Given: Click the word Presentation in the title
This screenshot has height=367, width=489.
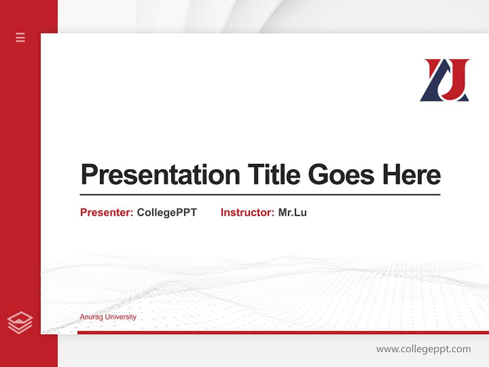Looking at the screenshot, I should [x=160, y=175].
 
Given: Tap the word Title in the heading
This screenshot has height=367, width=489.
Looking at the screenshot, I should [x=274, y=175].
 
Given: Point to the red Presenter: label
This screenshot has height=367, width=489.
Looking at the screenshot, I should [x=106, y=213].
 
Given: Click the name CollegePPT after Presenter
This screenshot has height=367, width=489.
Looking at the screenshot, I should [x=167, y=213].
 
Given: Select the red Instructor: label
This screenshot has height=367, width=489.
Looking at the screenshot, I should [x=247, y=213].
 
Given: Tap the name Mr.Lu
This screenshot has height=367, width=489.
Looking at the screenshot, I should [x=292, y=213].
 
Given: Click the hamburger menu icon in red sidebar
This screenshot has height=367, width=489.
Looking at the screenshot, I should [x=20, y=37].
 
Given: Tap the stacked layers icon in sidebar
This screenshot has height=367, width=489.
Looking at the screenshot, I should [x=20, y=323].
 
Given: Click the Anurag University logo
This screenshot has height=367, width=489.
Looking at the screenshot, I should [x=445, y=80].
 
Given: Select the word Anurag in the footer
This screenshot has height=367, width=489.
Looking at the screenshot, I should [x=90, y=317].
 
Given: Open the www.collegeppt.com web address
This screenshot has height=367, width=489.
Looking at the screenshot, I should [x=423, y=349].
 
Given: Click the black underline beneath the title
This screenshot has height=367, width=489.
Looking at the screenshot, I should [x=260, y=195].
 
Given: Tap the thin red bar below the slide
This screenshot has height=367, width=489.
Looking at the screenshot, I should [x=283, y=332].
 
